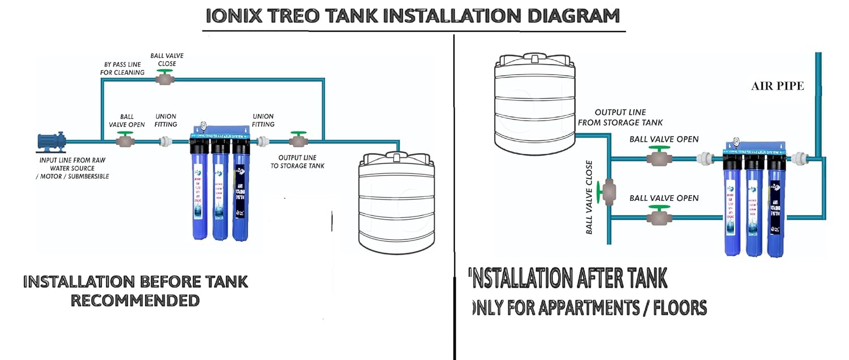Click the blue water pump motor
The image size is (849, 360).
[52, 141]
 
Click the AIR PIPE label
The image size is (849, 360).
[777, 86]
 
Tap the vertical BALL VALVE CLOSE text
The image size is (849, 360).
[589, 197]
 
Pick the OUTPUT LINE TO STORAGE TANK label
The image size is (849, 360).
[301, 161]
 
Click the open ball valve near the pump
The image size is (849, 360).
[125, 140]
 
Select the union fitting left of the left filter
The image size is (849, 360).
[166, 142]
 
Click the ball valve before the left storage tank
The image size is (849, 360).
[298, 140]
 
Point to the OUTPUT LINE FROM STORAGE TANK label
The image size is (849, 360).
[628, 117]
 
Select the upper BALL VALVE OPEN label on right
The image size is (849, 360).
[664, 139]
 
